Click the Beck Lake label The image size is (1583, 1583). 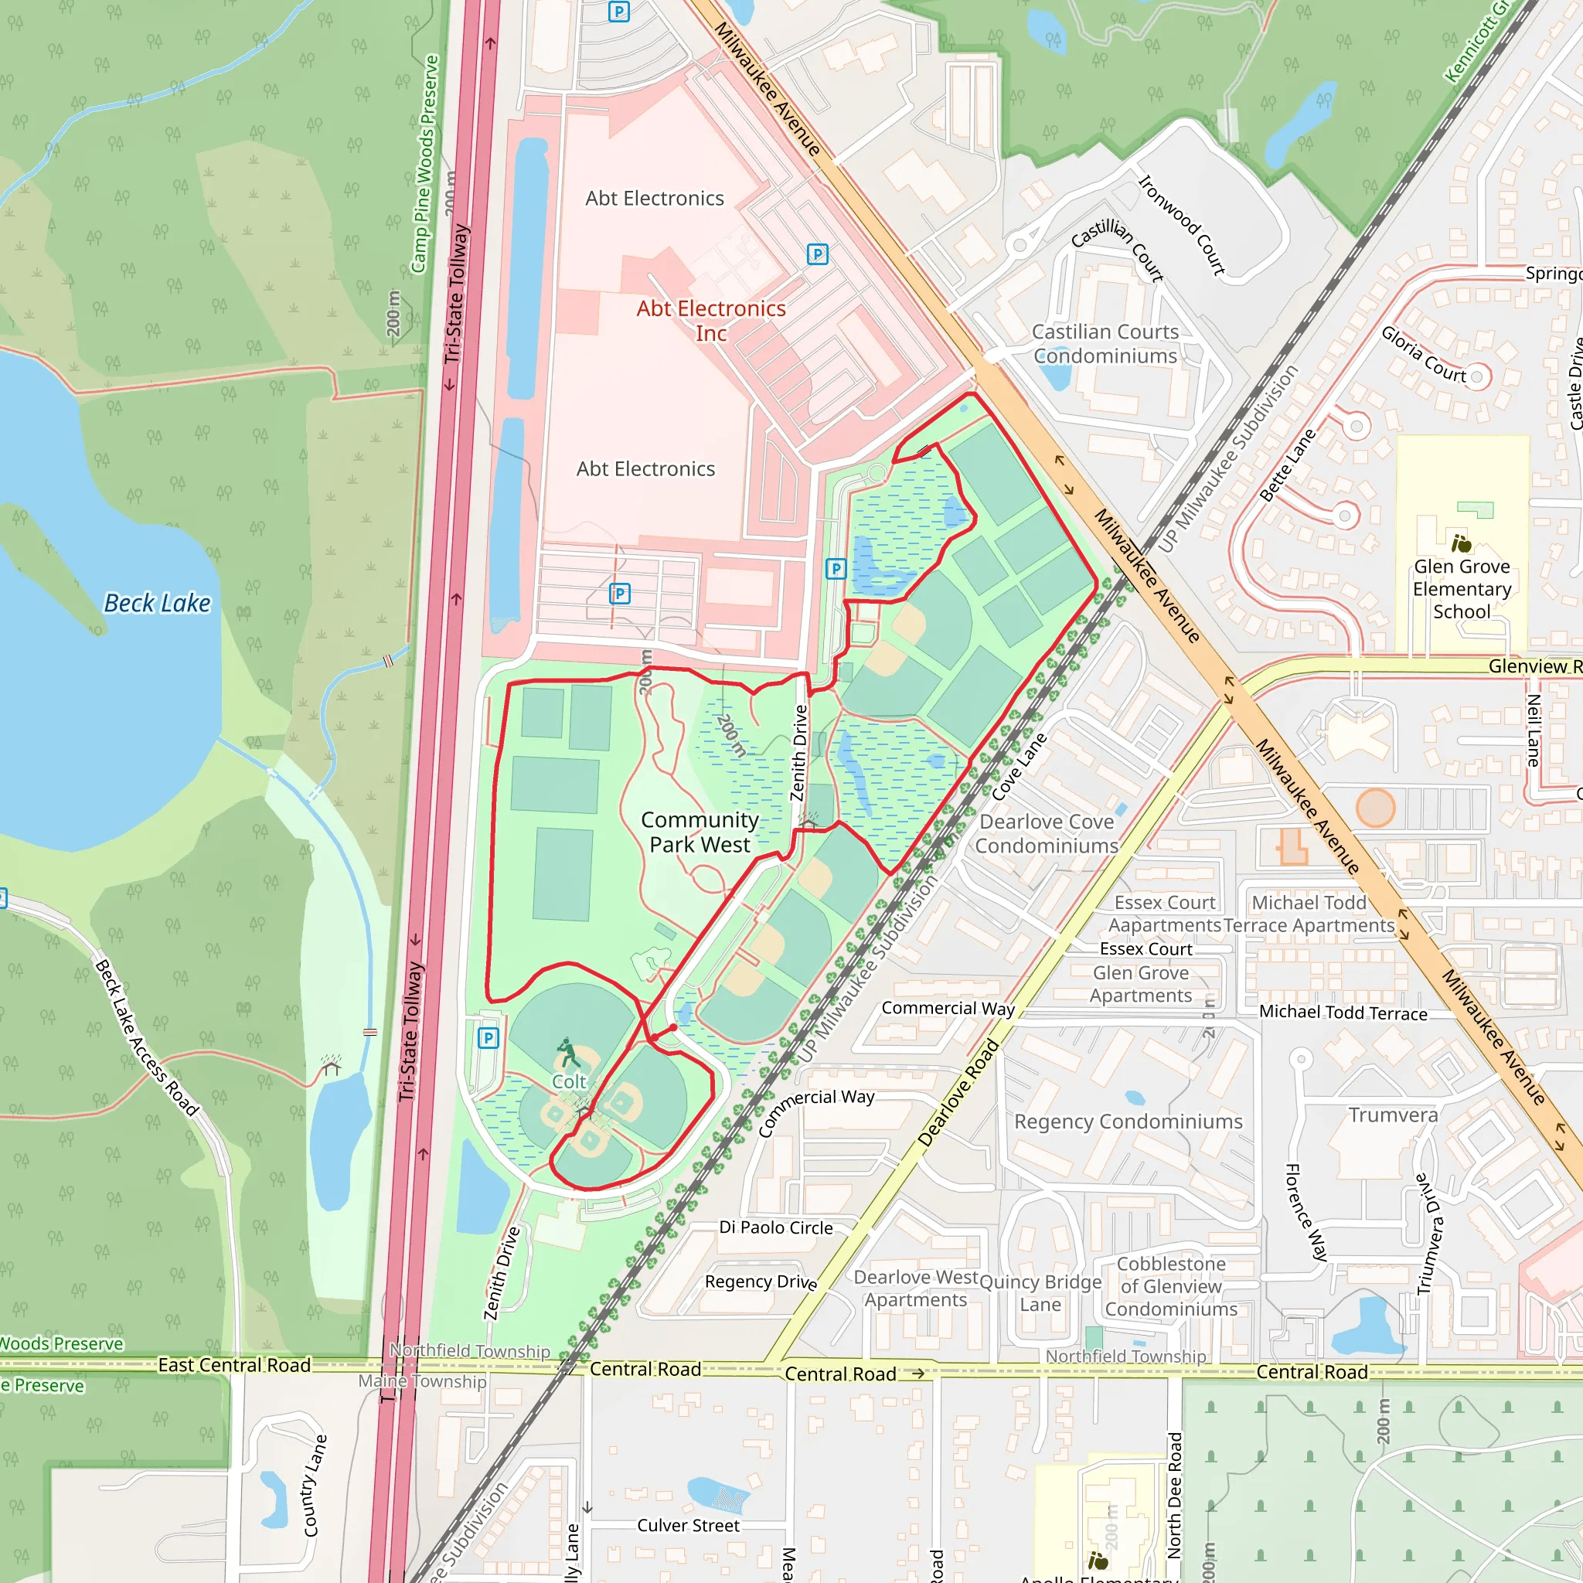click(158, 604)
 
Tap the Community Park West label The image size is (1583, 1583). click(700, 832)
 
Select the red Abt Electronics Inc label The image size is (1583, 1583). click(711, 320)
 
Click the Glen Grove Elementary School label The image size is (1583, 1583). click(1462, 588)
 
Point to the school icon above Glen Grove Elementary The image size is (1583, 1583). click(1462, 543)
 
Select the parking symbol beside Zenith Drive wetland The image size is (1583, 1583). click(835, 569)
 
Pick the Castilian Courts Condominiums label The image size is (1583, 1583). click(1105, 343)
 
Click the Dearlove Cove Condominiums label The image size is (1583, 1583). click(1047, 833)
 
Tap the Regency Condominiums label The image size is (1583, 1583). click(1129, 1122)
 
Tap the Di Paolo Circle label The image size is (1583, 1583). click(776, 1227)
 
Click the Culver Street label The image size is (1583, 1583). click(688, 1526)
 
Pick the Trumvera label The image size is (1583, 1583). click(1393, 1115)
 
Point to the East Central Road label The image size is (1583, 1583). click(234, 1365)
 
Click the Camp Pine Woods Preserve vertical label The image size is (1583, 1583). click(425, 164)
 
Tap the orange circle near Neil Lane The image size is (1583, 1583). click(1375, 808)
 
